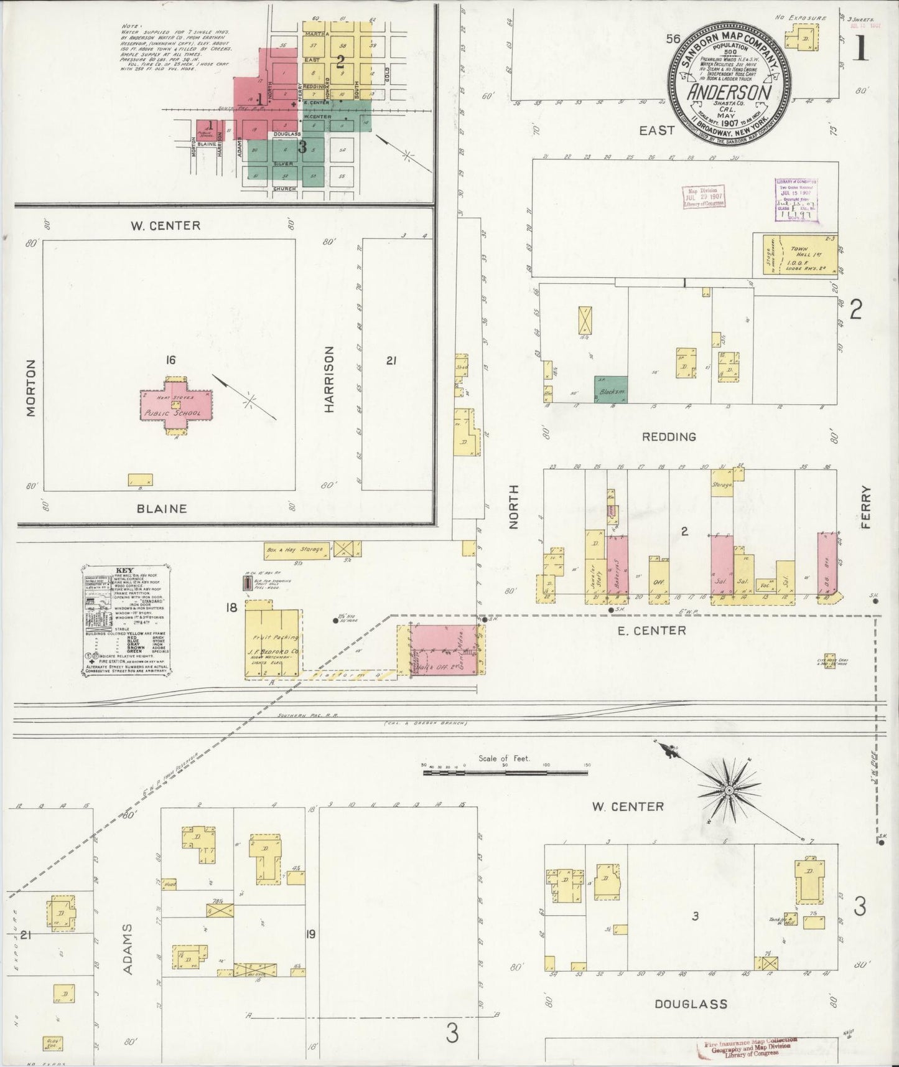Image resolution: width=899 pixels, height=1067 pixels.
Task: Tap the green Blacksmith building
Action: pos(610,390)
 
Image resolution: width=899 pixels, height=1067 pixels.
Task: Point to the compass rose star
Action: pos(729,791)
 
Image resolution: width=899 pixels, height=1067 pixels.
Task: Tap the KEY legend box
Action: pos(129,619)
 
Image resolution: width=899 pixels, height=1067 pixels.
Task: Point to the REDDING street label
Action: pos(669,436)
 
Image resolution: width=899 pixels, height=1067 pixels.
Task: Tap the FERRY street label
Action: pos(867,507)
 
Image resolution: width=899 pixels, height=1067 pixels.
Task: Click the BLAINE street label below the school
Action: pos(162,509)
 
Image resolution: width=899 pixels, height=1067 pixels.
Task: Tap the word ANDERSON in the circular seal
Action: pos(730,92)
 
